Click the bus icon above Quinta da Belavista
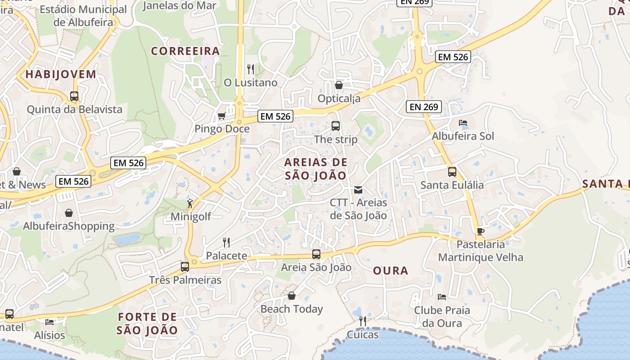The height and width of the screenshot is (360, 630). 74,96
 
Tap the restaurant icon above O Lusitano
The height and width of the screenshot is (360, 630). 251,69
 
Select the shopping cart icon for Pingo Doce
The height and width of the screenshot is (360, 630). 221,116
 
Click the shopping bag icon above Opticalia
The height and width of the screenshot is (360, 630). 339,85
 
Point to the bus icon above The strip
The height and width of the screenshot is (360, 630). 336,126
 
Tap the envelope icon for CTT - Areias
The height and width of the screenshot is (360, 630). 358,190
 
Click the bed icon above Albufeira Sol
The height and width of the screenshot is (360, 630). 463,123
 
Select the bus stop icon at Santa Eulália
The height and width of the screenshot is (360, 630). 452,172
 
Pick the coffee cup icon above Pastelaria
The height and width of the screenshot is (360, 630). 481,232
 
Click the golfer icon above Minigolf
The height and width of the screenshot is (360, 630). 191,203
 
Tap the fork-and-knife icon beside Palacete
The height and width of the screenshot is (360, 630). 226,243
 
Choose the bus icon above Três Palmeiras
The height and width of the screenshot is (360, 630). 185,267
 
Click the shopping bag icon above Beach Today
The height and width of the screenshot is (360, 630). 292,296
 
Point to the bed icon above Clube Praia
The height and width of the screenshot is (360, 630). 442,297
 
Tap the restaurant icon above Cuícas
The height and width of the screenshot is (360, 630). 363,321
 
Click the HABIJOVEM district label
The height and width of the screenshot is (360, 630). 61,74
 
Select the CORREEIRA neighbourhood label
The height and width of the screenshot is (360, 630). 185,51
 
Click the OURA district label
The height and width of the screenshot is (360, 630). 391,270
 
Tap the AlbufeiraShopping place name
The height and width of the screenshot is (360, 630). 69,226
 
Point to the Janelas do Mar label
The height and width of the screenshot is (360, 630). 180,6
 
